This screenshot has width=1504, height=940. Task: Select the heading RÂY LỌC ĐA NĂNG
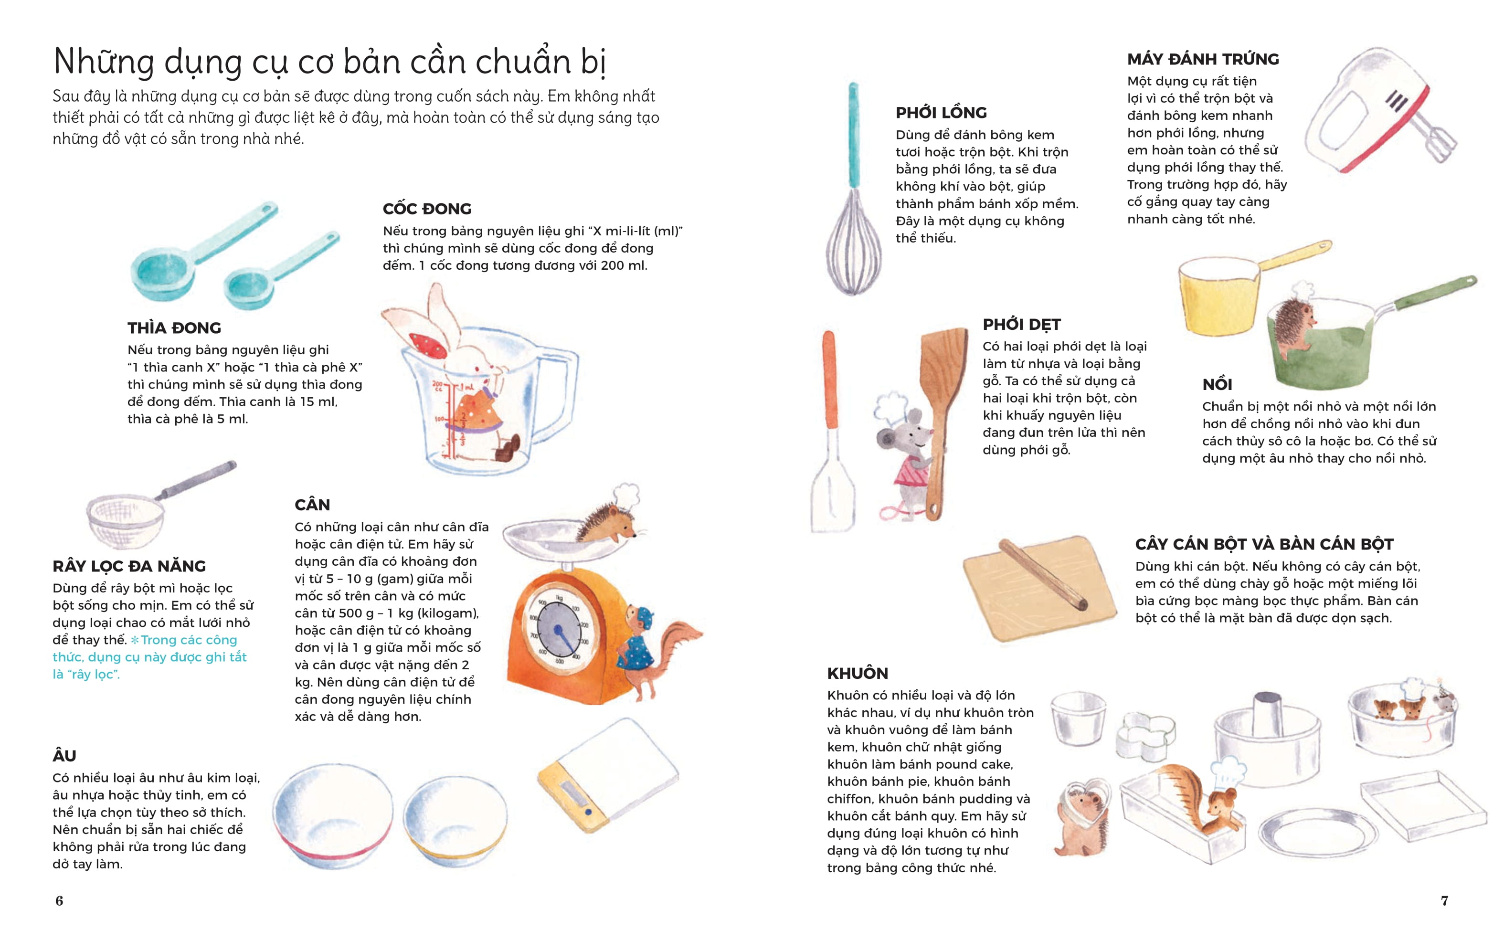(129, 566)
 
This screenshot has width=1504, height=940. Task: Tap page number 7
(1444, 900)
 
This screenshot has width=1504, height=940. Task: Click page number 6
(59, 900)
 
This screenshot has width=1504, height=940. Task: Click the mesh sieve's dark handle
(197, 480)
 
